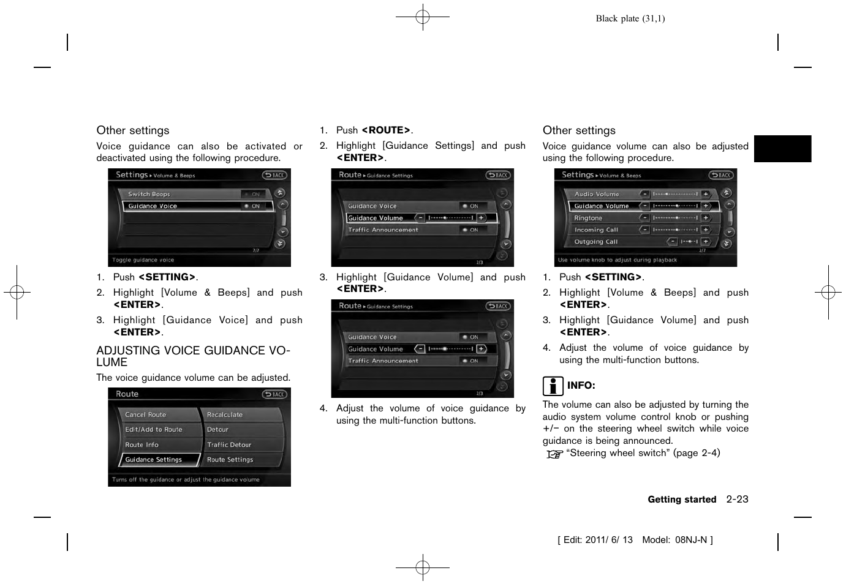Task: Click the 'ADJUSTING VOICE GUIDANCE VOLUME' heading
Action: [192, 356]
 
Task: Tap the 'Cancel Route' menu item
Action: [146, 415]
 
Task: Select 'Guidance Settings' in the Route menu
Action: [154, 460]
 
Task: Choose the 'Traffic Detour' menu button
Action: [229, 445]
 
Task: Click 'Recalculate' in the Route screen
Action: [225, 415]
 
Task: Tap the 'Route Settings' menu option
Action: [230, 460]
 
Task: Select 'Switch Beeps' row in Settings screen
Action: [149, 194]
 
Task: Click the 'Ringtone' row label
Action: [588, 219]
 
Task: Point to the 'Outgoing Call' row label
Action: [595, 242]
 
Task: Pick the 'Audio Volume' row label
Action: [597, 194]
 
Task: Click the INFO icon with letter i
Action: [552, 386]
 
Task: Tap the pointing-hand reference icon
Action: [554, 454]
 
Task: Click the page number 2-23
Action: [737, 500]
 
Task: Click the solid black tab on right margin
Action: [782, 149]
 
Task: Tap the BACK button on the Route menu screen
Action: [274, 395]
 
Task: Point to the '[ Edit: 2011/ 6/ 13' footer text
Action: [595, 540]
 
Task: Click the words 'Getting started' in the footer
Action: [682, 500]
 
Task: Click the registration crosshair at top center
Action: [423, 17]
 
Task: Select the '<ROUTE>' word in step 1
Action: [386, 130]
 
